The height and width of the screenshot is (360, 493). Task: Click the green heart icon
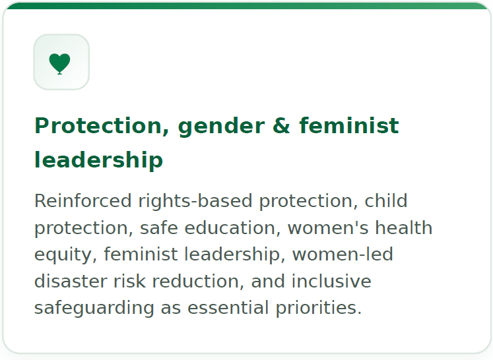pos(60,63)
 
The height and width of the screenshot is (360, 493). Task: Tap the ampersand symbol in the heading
pos(281,126)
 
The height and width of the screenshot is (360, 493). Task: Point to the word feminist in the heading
pos(349,126)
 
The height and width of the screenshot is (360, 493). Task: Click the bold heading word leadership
pos(98,160)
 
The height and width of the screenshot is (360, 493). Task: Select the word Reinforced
pos(82,201)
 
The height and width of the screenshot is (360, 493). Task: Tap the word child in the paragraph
pos(386,201)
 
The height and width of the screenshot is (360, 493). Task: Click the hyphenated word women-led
pos(343,255)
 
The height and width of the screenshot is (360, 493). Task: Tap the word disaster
pos(71,281)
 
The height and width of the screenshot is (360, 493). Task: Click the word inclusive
pos(331,281)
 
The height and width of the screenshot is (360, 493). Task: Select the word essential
pos(228,308)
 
